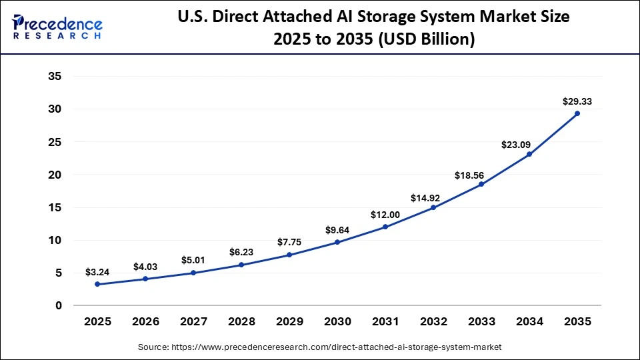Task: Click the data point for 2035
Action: (x=577, y=113)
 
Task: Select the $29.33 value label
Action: (x=577, y=102)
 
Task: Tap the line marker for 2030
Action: (x=337, y=242)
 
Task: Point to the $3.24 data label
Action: (x=97, y=272)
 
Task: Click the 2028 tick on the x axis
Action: (x=241, y=321)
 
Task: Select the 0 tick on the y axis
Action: (x=59, y=305)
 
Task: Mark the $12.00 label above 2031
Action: (x=385, y=215)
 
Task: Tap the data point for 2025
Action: (x=97, y=284)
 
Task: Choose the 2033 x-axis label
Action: (x=481, y=321)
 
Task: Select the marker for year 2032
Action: (x=433, y=207)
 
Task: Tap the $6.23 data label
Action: (x=241, y=253)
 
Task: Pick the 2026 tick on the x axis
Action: (x=145, y=321)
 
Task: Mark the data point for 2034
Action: (x=529, y=154)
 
